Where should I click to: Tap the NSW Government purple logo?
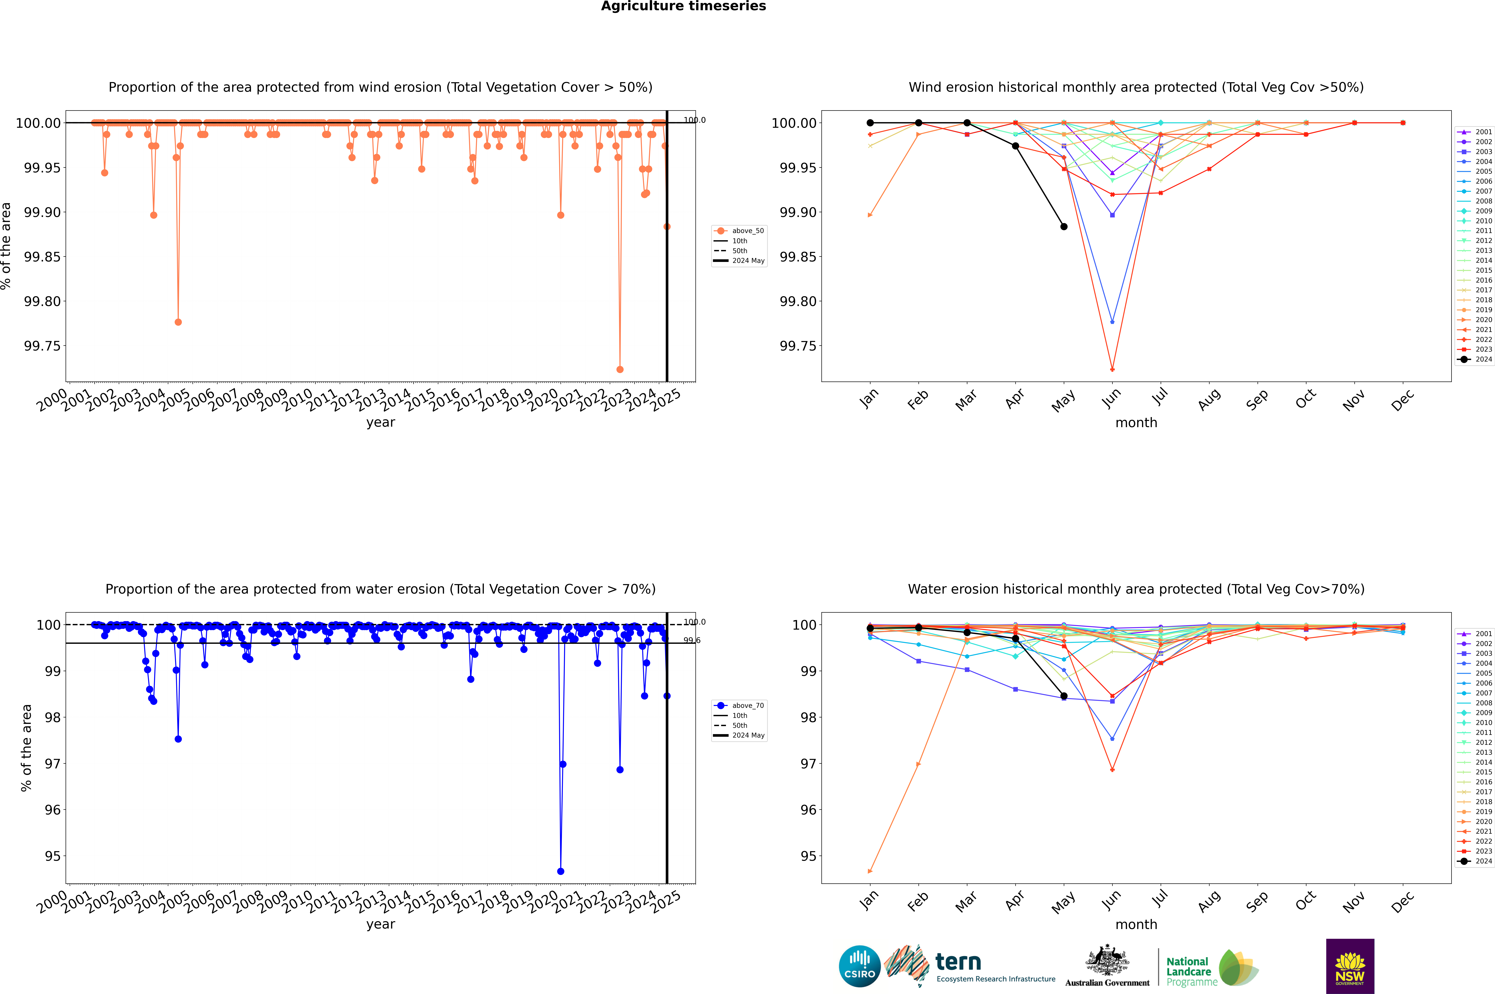(x=1350, y=966)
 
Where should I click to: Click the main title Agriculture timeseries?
(x=683, y=6)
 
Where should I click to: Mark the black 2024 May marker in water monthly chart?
(x=1064, y=696)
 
